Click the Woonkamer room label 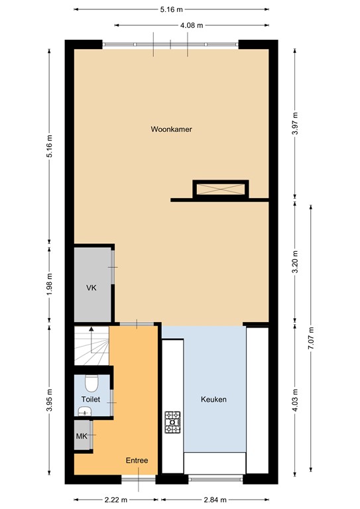tap(171, 130)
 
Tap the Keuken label tap(213, 400)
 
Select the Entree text tap(137, 461)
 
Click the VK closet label tap(91, 289)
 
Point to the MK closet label tap(82, 436)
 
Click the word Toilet tap(91, 400)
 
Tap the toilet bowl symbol tap(92, 382)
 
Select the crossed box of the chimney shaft tap(220, 190)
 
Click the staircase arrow tap(91, 332)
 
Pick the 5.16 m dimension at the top tap(171, 10)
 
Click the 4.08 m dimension tap(191, 25)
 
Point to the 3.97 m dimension tap(295, 123)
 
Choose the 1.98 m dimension tap(50, 284)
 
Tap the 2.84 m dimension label tap(213, 500)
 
